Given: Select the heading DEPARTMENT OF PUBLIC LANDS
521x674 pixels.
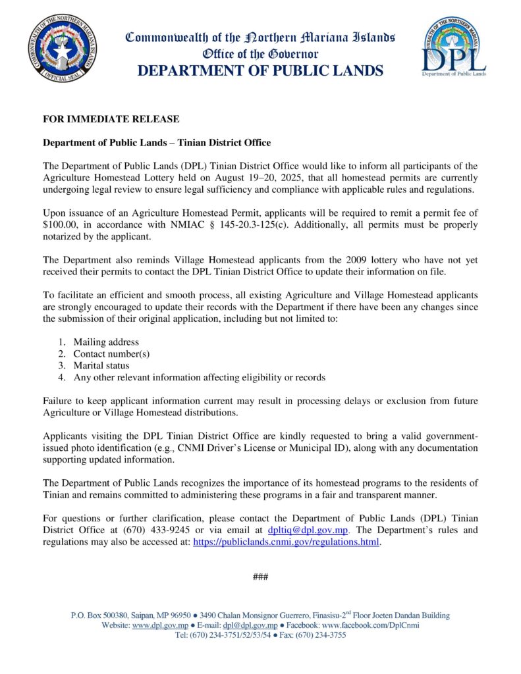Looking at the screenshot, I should [260, 70].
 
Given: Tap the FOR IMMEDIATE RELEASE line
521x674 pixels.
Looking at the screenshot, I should [111, 119].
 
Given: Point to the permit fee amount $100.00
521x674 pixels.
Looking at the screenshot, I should [63, 224].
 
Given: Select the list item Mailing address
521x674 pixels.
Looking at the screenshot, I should [106, 342].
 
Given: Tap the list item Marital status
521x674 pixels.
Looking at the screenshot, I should [101, 365].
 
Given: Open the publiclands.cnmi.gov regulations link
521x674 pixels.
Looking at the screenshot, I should [286, 542].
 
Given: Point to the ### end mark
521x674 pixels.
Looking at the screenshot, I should [260, 577].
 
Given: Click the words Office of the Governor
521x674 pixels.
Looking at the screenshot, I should [260, 53].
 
